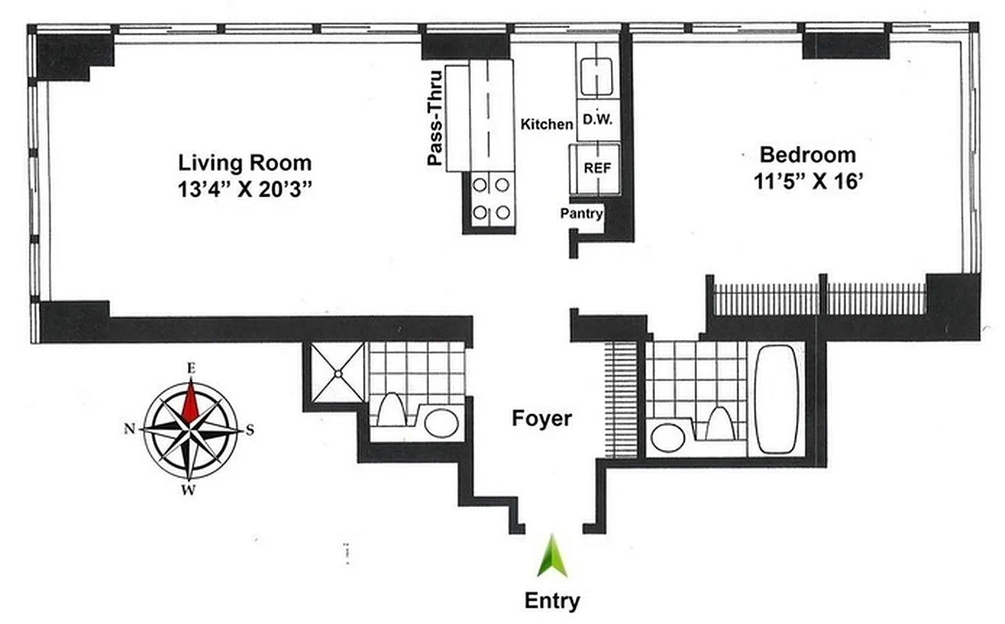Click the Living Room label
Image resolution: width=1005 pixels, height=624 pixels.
(x=245, y=163)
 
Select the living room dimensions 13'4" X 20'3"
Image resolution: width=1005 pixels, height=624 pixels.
(x=245, y=190)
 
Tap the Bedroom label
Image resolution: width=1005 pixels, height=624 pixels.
(x=808, y=154)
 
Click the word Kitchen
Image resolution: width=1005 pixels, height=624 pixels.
(x=546, y=124)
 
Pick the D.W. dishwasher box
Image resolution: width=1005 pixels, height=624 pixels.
(x=598, y=122)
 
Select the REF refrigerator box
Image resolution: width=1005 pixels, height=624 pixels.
(x=598, y=168)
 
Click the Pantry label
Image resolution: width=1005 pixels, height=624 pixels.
(x=582, y=213)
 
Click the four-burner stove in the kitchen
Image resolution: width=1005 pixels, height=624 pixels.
(x=492, y=199)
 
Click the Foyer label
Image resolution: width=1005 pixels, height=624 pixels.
(x=541, y=419)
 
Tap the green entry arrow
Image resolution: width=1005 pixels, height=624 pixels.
(x=552, y=556)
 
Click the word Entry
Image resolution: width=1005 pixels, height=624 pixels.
(x=552, y=601)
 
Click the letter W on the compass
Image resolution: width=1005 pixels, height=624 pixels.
(x=188, y=491)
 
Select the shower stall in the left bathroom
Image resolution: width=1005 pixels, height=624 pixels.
(x=337, y=374)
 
